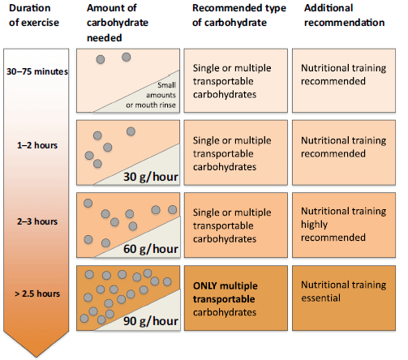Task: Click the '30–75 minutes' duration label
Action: tap(37, 71)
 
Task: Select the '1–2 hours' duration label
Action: tap(37, 145)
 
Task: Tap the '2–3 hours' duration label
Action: tap(37, 221)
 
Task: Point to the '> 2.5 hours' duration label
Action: tap(37, 294)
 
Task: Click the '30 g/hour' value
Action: tap(151, 177)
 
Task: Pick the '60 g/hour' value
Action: tap(151, 249)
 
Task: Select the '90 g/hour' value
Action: tap(151, 321)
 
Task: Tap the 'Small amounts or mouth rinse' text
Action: tap(151, 95)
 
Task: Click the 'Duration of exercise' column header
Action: tap(34, 15)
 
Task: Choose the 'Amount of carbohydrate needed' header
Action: tap(118, 23)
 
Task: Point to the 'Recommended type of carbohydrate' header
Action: tap(239, 15)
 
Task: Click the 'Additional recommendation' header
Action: tap(344, 15)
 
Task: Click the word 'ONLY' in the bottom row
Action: tap(205, 286)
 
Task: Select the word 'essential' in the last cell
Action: tap(320, 298)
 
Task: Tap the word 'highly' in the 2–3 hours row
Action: tap(314, 225)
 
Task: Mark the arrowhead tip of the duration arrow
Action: tap(36, 358)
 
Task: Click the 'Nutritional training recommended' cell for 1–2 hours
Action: tap(344, 152)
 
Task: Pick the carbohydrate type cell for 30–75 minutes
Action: tap(236, 80)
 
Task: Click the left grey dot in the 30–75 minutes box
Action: tap(101, 59)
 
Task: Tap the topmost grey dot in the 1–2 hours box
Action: tap(131, 131)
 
